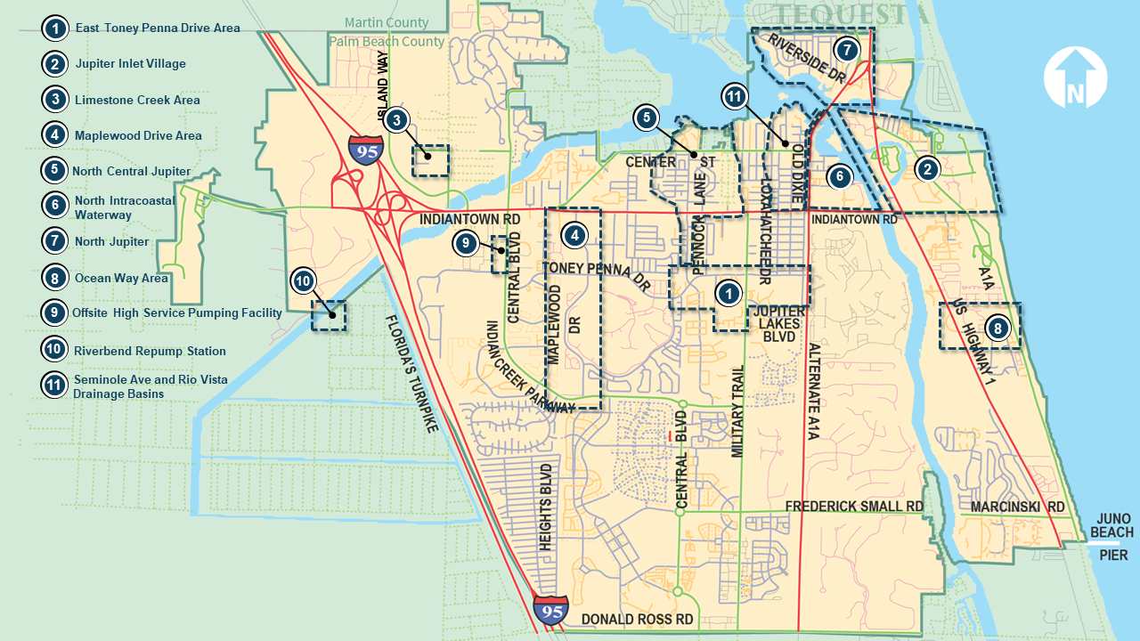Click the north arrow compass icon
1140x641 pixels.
click(1075, 77)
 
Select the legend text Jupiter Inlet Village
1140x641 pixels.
click(130, 64)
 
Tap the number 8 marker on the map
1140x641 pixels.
click(998, 329)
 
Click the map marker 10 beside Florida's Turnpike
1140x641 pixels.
click(303, 281)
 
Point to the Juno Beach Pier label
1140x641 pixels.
click(1113, 537)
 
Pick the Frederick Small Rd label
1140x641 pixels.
click(853, 507)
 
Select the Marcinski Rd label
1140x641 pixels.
click(1018, 507)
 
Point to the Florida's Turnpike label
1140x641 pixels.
click(412, 374)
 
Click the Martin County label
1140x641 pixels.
click(387, 22)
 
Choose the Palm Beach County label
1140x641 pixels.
click(387, 41)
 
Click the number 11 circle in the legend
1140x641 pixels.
click(55, 385)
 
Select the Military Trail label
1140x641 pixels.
click(737, 412)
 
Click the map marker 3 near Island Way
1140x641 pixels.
click(397, 118)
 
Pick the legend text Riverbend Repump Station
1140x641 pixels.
click(150, 351)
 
